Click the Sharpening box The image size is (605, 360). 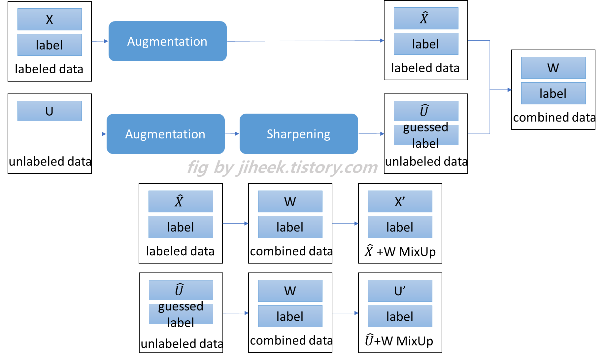pos(299,134)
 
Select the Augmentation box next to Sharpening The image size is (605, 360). pos(165,134)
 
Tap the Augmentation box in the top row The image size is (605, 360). pos(167,41)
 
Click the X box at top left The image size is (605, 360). pos(50,19)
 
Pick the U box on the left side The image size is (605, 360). pos(50,111)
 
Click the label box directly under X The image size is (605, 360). pos(50,45)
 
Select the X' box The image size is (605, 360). pos(400,201)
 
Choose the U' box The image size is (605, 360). pos(400,291)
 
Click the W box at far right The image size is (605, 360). pos(553,68)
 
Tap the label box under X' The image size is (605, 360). pos(400,227)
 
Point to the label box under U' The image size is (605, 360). pos(400,316)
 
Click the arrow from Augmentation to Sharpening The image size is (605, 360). pos(232,134)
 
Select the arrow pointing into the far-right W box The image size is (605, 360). pos(501,90)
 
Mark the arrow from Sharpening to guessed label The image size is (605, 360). pos(372,134)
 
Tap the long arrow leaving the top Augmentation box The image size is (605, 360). pos(305,41)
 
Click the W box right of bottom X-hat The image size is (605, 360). pos(290,201)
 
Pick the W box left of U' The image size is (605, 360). pos(290,291)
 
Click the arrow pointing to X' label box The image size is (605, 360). pos(345,224)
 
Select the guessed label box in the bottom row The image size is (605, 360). pos(181,314)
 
